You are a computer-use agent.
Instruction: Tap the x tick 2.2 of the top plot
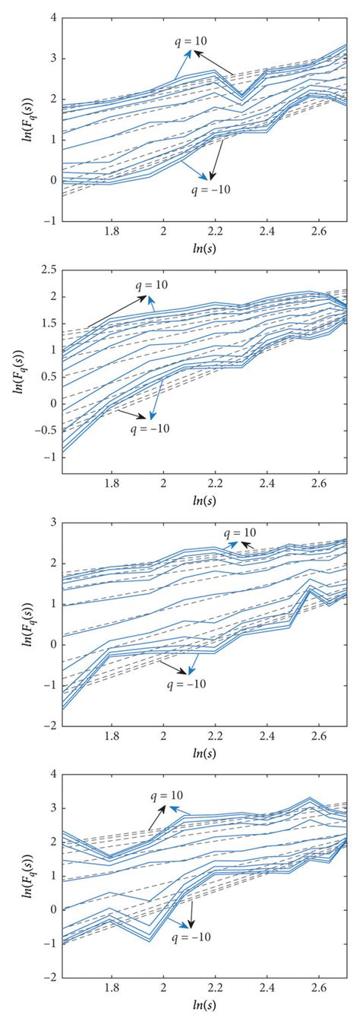(x=216, y=232)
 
